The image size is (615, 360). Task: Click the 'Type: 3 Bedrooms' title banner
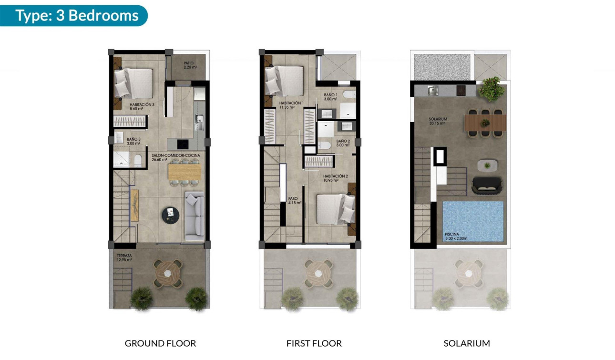click(x=76, y=15)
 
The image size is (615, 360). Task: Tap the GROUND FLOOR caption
click(x=160, y=343)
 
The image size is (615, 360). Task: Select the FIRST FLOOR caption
click(x=314, y=343)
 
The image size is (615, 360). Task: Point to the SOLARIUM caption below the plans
click(x=467, y=343)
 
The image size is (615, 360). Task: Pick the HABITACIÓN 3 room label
click(x=142, y=107)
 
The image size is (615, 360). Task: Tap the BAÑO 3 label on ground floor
click(x=133, y=141)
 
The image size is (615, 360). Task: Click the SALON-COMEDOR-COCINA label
click(x=175, y=158)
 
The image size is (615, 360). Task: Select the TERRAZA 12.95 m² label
click(x=124, y=258)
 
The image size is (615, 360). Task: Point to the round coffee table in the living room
click(x=170, y=215)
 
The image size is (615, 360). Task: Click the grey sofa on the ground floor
click(x=194, y=216)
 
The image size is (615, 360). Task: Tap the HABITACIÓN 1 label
click(x=291, y=105)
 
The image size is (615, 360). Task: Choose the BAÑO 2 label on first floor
click(x=343, y=143)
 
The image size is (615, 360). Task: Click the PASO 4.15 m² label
click(x=295, y=201)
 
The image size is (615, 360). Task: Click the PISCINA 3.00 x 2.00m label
click(x=456, y=237)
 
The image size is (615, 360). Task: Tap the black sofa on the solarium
click(x=486, y=185)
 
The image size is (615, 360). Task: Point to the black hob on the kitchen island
click(x=184, y=144)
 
